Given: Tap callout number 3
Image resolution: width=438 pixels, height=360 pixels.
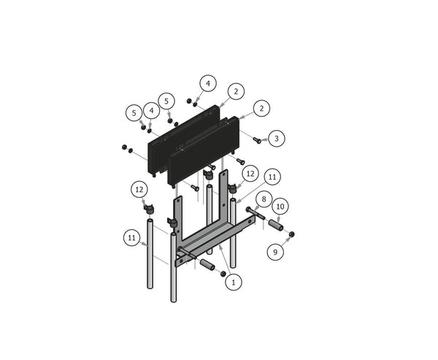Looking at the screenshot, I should point(276,137).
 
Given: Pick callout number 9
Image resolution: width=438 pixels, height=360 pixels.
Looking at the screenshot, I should point(275,252).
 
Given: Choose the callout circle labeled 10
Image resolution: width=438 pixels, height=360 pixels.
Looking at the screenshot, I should point(279,207).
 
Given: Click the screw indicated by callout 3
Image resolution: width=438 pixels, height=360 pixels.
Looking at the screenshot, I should point(257,138).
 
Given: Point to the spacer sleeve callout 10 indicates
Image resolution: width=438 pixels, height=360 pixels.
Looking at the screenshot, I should point(277,225).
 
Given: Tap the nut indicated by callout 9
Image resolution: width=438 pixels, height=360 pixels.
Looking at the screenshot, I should point(291,234).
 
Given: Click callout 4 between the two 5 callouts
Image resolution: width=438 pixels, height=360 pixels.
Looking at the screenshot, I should point(151,110).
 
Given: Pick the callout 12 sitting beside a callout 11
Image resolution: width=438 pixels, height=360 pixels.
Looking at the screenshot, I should point(250,174).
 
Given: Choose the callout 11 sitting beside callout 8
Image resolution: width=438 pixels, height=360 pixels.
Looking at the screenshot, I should point(272,177).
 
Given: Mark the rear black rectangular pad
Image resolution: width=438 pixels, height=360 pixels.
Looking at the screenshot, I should point(182,139).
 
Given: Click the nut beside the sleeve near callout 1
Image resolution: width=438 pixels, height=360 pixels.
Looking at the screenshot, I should point(223,274).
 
